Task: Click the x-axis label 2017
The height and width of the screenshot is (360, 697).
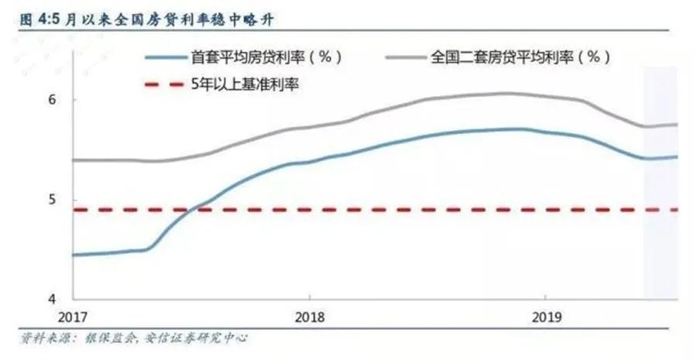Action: [x=74, y=317]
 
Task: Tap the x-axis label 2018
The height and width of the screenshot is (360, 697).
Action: [x=309, y=317]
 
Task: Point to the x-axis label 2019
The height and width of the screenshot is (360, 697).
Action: [x=545, y=317]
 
